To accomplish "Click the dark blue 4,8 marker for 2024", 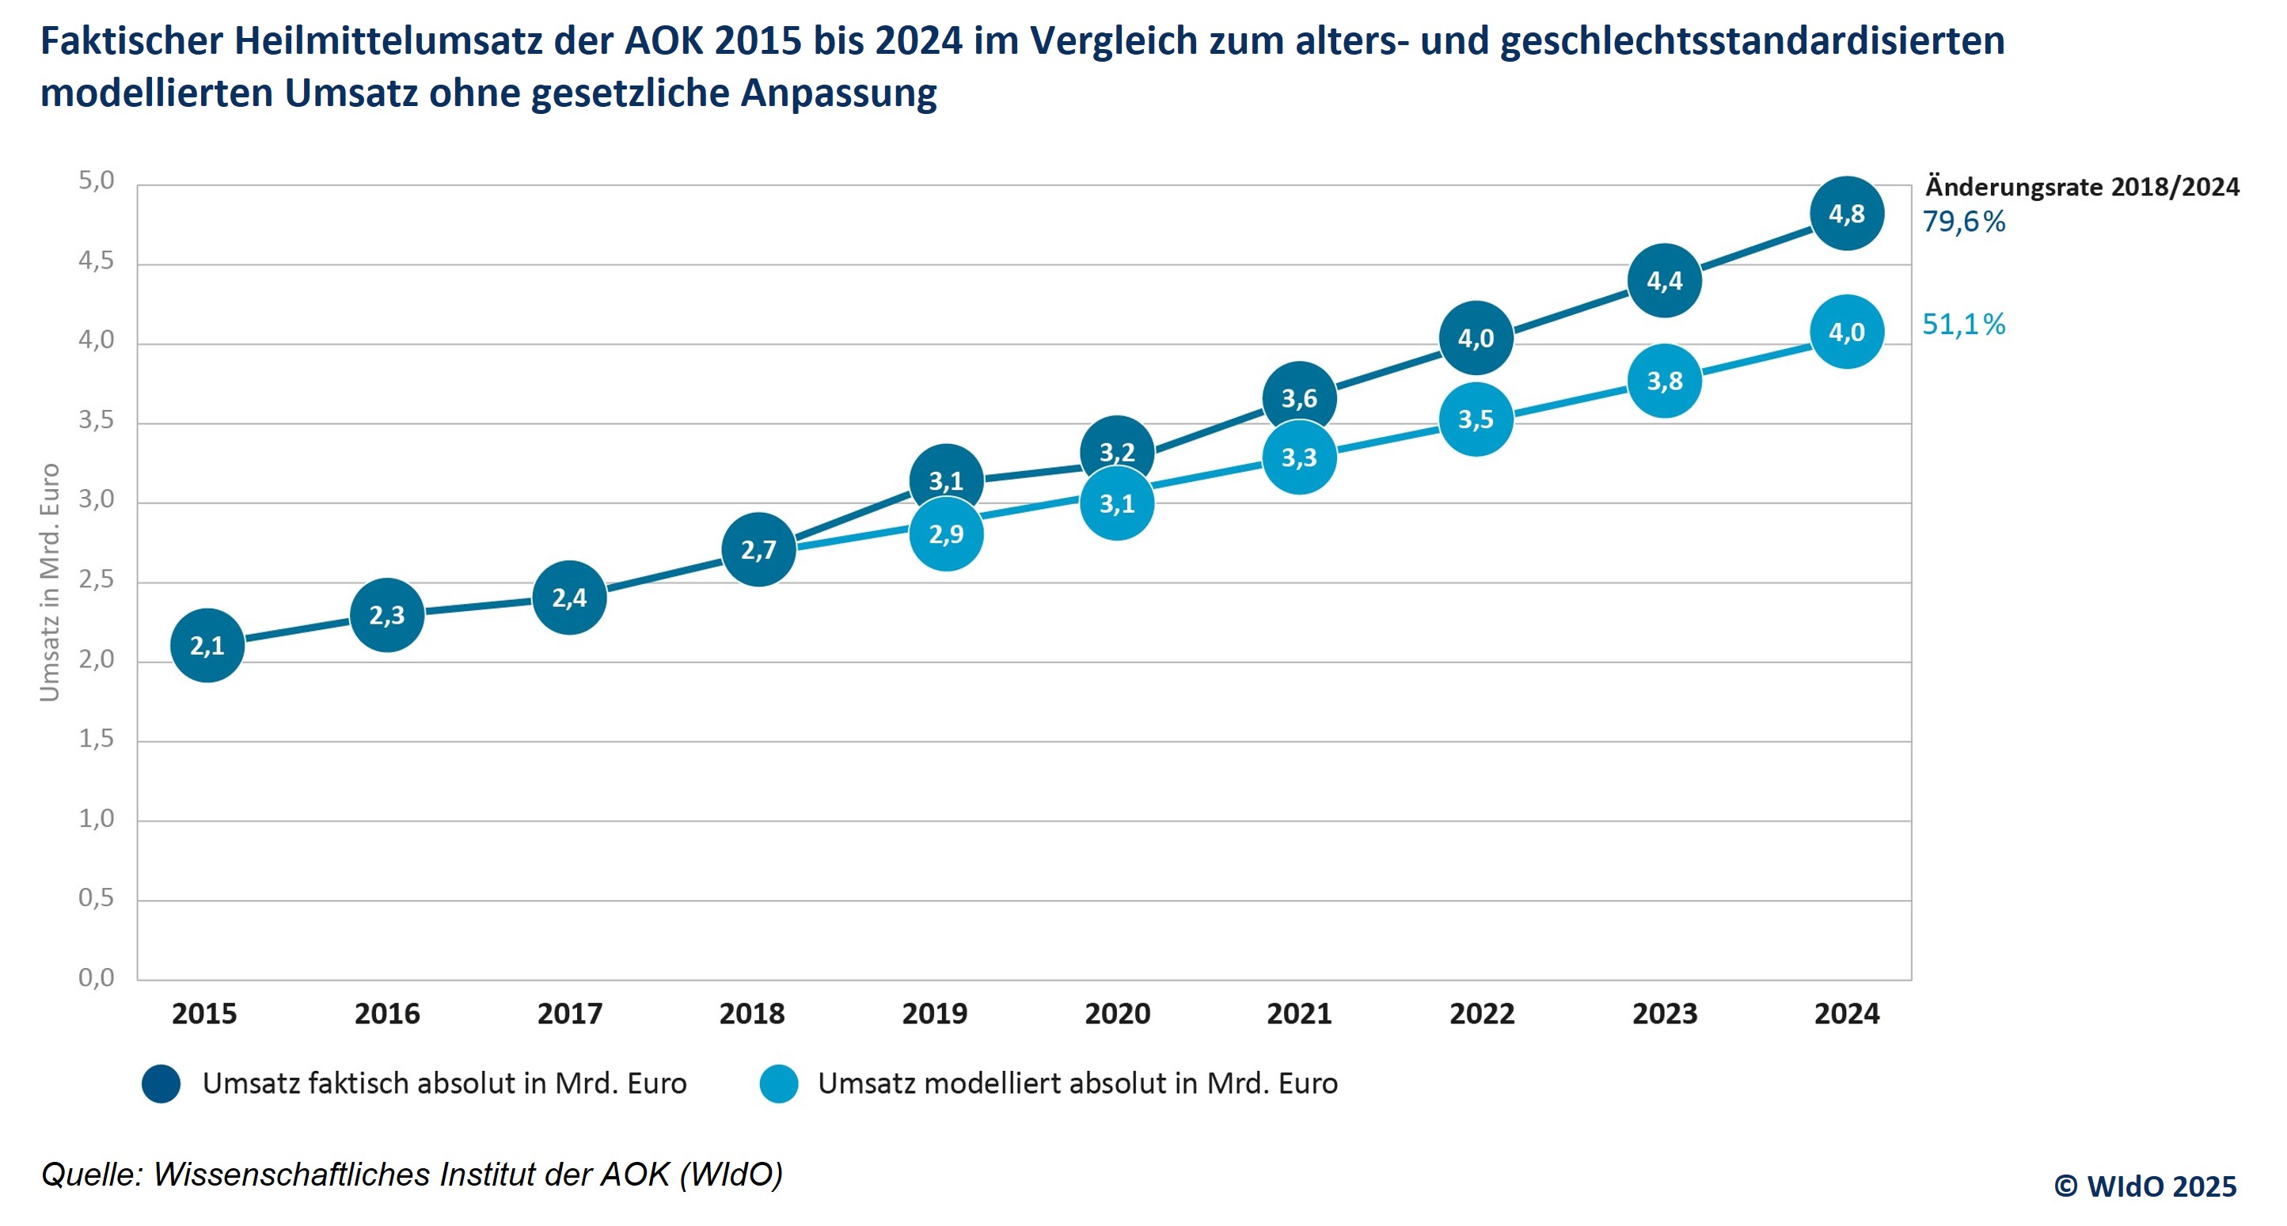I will click(1847, 214).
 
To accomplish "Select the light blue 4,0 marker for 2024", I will click(1847, 332).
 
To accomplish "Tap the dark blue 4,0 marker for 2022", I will click(1476, 338).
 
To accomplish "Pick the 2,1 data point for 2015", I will click(207, 645).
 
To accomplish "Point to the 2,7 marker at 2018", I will click(758, 549).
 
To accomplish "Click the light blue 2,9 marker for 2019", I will click(947, 534).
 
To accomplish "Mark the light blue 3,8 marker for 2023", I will click(1665, 381).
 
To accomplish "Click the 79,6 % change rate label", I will click(1964, 222).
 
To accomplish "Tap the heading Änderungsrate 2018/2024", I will click(2082, 188).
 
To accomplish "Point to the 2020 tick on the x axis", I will click(1117, 1013).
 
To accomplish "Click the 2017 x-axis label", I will click(569, 1013).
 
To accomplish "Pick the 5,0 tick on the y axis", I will click(96, 181).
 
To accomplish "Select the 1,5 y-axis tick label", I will click(96, 738).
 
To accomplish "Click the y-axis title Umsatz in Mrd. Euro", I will click(50, 583).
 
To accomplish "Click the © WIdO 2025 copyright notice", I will click(2145, 1186).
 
